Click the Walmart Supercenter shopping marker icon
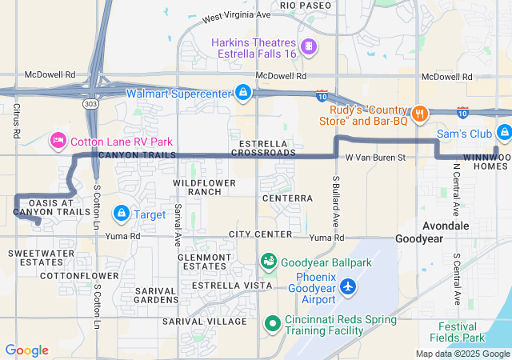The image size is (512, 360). [x=242, y=94]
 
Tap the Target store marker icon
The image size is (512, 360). [x=122, y=214]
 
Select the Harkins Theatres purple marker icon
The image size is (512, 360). [x=309, y=47]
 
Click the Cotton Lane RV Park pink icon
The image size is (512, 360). [x=58, y=142]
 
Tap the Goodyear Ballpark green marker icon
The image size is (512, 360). [x=270, y=262]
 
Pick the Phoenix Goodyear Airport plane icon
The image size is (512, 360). [x=348, y=286]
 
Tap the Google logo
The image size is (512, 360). [x=26, y=350]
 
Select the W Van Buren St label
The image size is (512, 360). [x=376, y=158]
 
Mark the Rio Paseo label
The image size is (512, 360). [x=306, y=6]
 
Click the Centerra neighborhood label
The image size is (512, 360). [x=286, y=198]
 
